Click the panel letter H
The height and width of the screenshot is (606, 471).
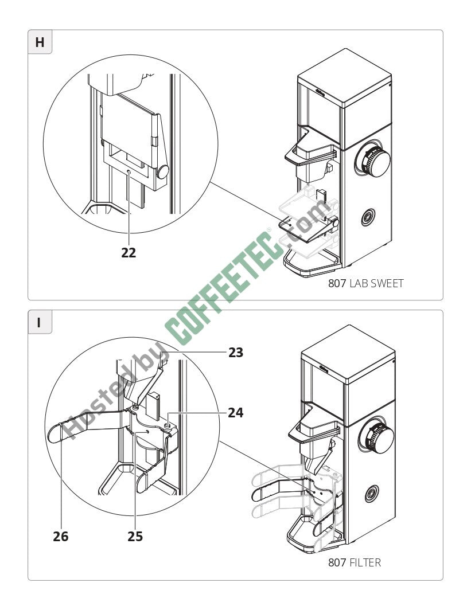click(x=40, y=42)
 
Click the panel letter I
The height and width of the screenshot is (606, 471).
click(x=40, y=322)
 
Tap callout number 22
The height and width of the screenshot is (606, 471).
click(x=129, y=253)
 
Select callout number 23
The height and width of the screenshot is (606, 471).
click(x=236, y=353)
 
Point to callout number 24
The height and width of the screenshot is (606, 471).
click(x=236, y=412)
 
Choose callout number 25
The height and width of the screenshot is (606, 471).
click(x=135, y=537)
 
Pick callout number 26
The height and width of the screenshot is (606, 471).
click(x=60, y=537)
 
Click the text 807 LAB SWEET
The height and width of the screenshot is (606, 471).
click(x=365, y=283)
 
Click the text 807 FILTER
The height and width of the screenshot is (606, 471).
click(x=354, y=563)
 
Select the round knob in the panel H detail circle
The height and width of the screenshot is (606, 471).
click(x=163, y=171)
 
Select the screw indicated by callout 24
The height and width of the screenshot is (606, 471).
click(x=166, y=425)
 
